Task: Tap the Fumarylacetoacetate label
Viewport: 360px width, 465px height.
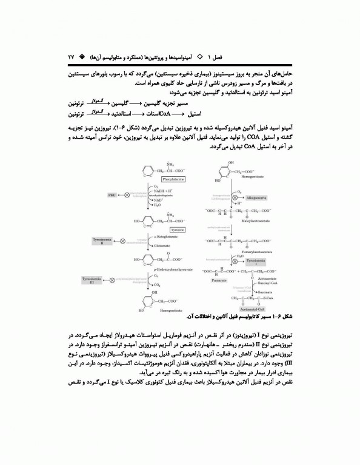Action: pos(242,247)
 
